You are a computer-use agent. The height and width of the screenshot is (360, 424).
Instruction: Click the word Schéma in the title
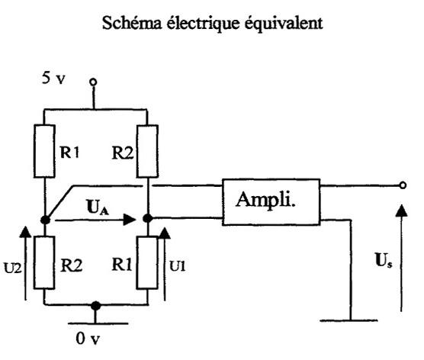coord(132,22)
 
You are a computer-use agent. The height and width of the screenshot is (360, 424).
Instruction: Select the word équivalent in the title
coord(284,24)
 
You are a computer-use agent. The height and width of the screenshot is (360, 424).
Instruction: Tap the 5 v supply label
coord(53,78)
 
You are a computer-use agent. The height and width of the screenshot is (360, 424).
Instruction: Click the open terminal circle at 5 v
coord(93,82)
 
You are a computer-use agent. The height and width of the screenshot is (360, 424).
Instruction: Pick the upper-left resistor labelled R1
coord(45,151)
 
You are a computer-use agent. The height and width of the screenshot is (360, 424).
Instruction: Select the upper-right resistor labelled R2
coord(147,151)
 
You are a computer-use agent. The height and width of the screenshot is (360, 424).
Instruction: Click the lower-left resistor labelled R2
coord(44,262)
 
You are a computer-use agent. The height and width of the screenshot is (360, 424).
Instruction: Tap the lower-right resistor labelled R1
coord(147,262)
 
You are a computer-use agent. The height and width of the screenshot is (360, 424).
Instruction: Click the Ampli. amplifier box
coord(271,202)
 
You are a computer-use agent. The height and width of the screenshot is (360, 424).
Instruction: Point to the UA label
coord(98,207)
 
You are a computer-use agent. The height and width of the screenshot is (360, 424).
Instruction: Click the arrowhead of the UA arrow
coord(129,220)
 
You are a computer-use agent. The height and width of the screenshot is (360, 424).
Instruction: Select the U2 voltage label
coord(12,268)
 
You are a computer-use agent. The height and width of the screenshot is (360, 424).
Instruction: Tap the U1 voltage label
coord(178,266)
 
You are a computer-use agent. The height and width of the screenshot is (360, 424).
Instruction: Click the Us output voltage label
coord(384,260)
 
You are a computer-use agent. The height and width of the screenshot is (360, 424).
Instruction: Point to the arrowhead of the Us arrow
coord(401,211)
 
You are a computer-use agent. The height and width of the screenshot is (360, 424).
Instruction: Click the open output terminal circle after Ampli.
coord(403,185)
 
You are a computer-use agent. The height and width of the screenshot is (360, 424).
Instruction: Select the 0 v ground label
coord(88,339)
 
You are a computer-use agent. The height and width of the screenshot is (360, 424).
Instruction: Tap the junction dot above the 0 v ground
coord(95,306)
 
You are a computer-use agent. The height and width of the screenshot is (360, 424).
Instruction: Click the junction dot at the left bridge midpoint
coord(45,220)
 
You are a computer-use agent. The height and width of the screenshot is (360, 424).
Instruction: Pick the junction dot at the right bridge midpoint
coord(148,217)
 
